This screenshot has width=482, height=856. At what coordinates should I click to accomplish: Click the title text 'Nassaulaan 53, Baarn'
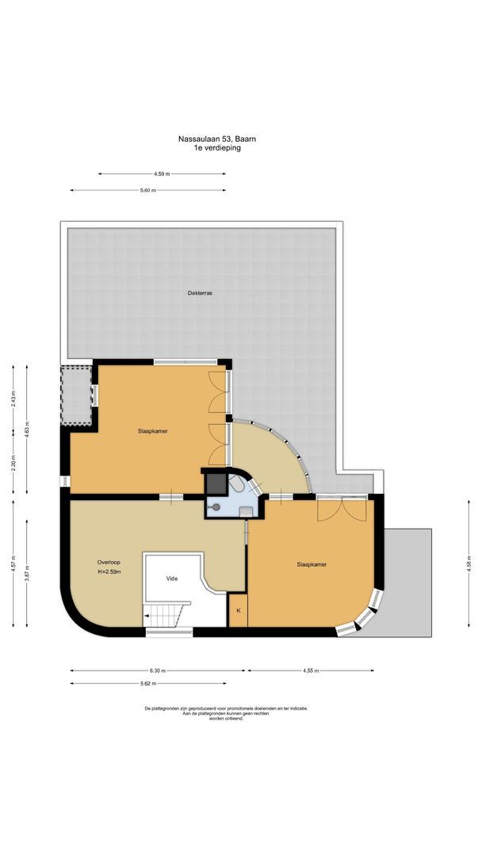[216, 139]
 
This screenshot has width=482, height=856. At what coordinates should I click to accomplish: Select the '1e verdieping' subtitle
[216, 147]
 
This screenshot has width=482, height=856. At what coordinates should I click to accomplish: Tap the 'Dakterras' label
[199, 292]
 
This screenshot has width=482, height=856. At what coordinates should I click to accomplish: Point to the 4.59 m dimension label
[162, 174]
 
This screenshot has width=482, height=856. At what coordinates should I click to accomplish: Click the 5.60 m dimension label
[147, 190]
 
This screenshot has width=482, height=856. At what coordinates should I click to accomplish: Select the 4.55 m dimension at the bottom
[311, 670]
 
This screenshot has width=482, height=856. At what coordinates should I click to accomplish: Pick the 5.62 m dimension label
[147, 683]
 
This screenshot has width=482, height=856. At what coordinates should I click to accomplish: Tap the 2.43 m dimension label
[13, 400]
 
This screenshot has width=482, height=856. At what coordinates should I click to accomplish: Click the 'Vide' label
[172, 578]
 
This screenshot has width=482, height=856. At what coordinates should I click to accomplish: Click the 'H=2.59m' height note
[108, 571]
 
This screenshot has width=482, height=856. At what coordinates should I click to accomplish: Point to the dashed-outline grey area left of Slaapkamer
[78, 394]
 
